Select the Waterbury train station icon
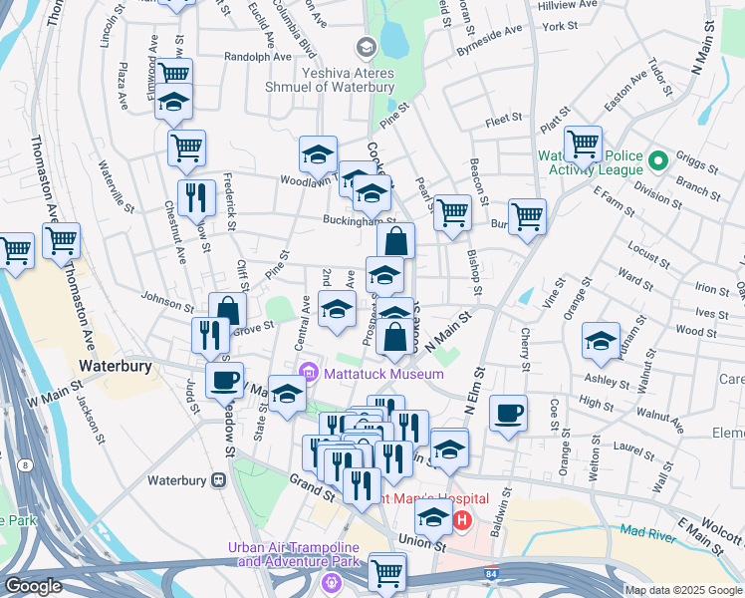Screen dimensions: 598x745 tap(218, 480)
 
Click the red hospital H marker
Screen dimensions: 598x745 tap(462, 519)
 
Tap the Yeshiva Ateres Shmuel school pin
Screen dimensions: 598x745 tap(366, 46)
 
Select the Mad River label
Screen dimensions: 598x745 tap(647, 533)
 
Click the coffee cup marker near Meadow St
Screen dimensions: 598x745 tap(224, 380)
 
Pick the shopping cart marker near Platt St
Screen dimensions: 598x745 tap(582, 144)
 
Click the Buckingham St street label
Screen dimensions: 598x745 tap(359, 221)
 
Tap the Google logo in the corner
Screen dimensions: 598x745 tap(32, 586)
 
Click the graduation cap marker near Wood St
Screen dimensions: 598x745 tap(601, 340)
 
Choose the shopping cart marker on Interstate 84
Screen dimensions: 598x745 tap(386, 571)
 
